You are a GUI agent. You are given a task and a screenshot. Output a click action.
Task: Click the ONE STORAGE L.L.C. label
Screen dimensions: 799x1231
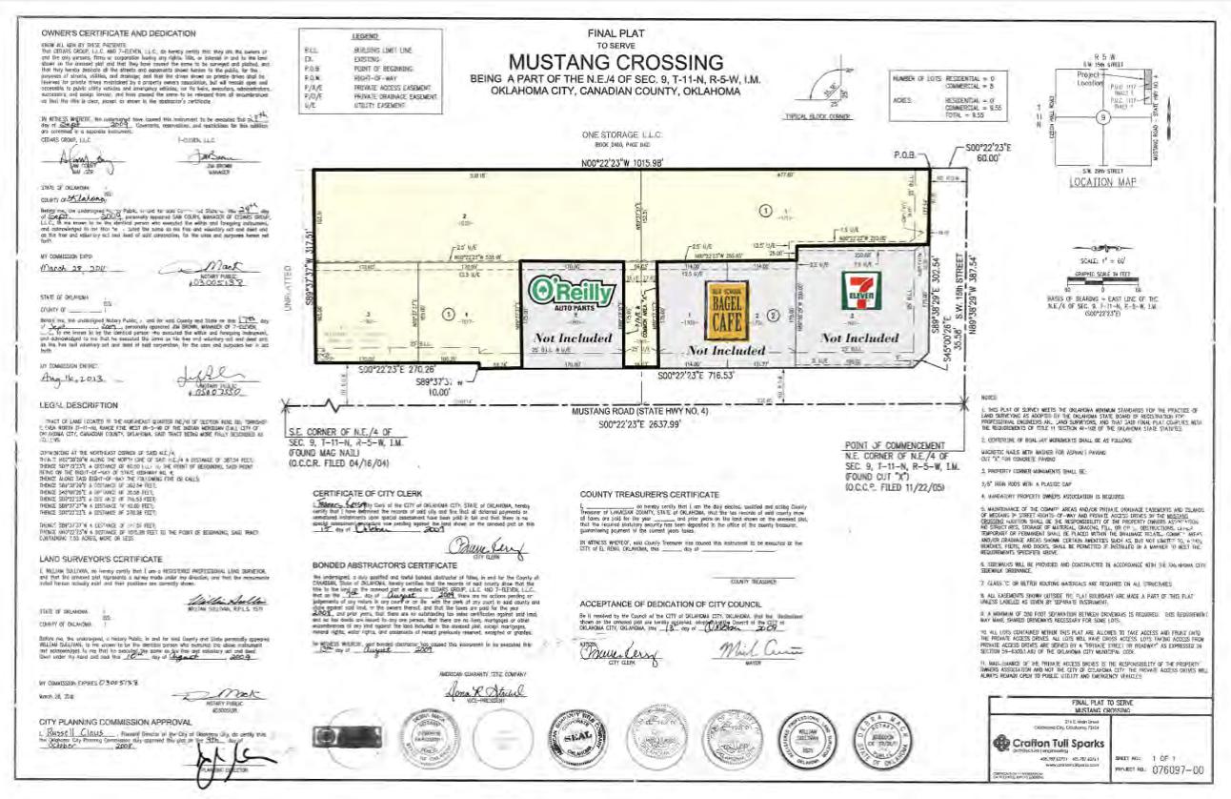(x=615, y=134)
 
